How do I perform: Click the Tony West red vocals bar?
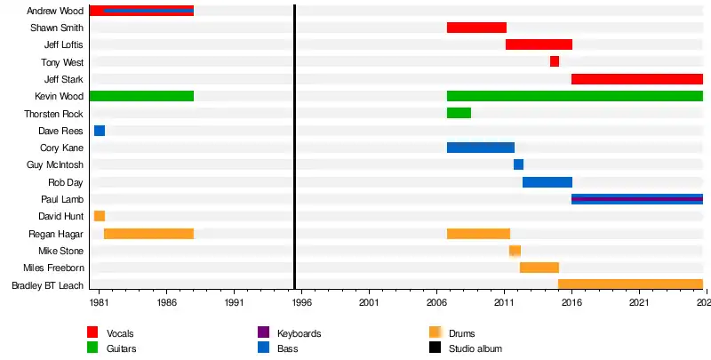click(555, 61)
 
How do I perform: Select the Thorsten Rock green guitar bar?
click(459, 113)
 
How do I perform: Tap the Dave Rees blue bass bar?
click(100, 131)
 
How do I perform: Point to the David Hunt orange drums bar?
click(100, 216)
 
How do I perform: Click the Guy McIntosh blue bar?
click(518, 164)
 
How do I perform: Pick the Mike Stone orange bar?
click(515, 251)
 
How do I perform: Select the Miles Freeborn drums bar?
click(539, 268)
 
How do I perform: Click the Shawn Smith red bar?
click(476, 28)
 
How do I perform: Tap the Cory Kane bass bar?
click(481, 148)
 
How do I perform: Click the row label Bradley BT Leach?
click(47, 285)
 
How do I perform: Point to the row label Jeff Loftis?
click(63, 44)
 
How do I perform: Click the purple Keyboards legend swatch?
click(263, 332)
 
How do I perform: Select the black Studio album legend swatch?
click(435, 348)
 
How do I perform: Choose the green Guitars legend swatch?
click(92, 348)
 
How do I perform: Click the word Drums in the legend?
click(462, 333)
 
